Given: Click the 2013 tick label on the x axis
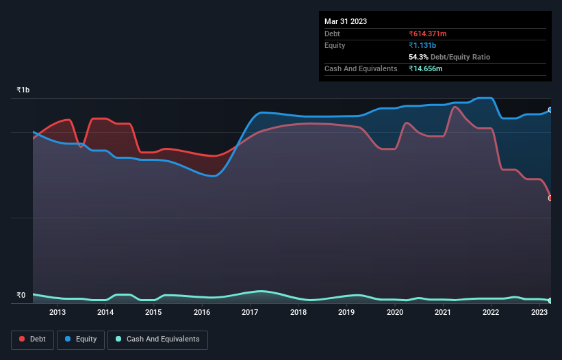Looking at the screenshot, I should tap(58, 313).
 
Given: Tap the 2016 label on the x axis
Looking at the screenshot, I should tap(202, 313).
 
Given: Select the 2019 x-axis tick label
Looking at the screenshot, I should tap(346, 313).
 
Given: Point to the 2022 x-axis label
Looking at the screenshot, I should tap(491, 313).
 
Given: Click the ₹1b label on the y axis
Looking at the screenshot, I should tap(23, 90).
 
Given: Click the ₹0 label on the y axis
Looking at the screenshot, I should tap(21, 296).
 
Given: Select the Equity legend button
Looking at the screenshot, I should tap(81, 339).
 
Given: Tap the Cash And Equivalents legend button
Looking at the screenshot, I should tap(157, 339).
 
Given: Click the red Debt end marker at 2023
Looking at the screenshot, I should tap(550, 198).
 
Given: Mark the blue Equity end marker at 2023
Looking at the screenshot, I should tap(550, 110).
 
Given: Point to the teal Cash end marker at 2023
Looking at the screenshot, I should tap(550, 300).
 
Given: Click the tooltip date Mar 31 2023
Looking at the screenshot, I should tap(346, 21).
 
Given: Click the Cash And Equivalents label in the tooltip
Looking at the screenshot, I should tap(361, 68).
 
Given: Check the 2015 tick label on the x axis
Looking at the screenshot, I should tap(153, 313).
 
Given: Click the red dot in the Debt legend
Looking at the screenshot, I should tap(23, 339).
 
